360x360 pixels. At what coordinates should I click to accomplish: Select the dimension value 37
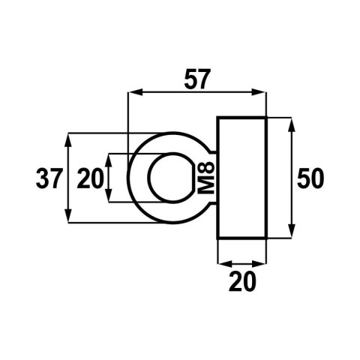point(50,178)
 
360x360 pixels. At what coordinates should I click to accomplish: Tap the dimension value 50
point(310,178)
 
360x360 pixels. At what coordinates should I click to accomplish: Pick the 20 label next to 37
point(90,178)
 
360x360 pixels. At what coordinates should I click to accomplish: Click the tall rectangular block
point(241,178)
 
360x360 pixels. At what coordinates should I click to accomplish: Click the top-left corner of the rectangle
point(217,118)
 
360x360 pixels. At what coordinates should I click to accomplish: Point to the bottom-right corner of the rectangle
point(266,239)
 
